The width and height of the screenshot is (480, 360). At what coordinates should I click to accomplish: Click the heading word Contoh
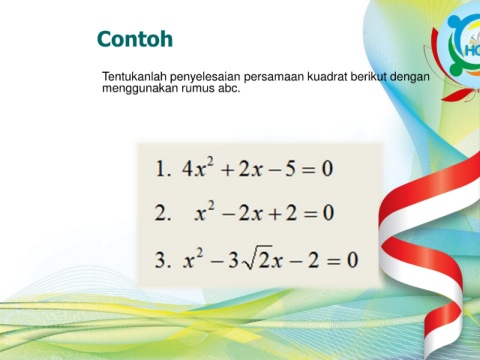click(x=135, y=39)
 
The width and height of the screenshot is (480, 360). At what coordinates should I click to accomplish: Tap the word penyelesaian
click(x=205, y=77)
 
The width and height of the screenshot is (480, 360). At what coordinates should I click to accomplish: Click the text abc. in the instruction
click(x=229, y=88)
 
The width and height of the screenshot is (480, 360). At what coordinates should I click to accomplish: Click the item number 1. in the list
click(x=164, y=168)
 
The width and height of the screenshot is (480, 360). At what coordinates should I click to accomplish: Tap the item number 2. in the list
click(x=163, y=213)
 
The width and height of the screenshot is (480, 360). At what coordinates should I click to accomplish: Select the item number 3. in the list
click(x=163, y=260)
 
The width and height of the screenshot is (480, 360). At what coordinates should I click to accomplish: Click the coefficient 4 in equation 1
click(x=187, y=169)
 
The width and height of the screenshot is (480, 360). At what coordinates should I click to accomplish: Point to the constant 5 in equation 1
click(x=290, y=169)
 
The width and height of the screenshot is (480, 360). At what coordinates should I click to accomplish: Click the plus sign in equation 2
click(x=275, y=214)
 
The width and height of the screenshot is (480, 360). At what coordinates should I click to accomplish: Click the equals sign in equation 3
click(x=333, y=261)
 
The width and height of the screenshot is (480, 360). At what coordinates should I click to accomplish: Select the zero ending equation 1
click(x=327, y=169)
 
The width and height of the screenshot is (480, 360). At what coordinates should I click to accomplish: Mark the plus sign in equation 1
click(x=228, y=170)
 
